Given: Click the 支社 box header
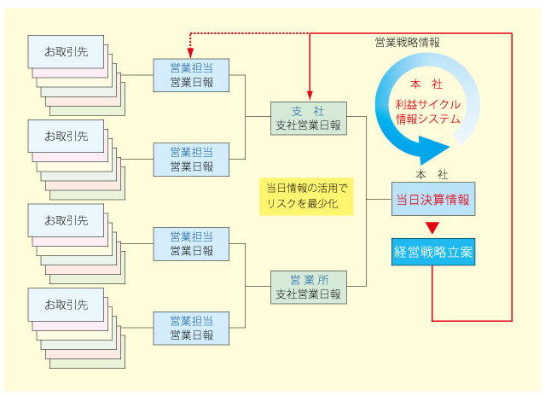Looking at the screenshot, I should click(309, 111).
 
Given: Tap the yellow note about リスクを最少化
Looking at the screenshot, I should click(307, 195).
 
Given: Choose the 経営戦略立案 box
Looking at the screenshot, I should click(432, 252).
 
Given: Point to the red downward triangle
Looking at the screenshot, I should click(432, 227).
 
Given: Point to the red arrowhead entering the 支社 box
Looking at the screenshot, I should click(309, 96).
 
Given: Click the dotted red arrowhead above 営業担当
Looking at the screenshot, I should click(191, 46).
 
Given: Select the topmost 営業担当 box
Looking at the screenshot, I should click(191, 74).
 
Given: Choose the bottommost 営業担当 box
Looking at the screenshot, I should click(191, 328).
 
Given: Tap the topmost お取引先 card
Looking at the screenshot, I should click(66, 50).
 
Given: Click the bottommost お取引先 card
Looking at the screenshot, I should click(66, 303).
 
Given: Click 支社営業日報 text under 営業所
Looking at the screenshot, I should click(309, 294).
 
